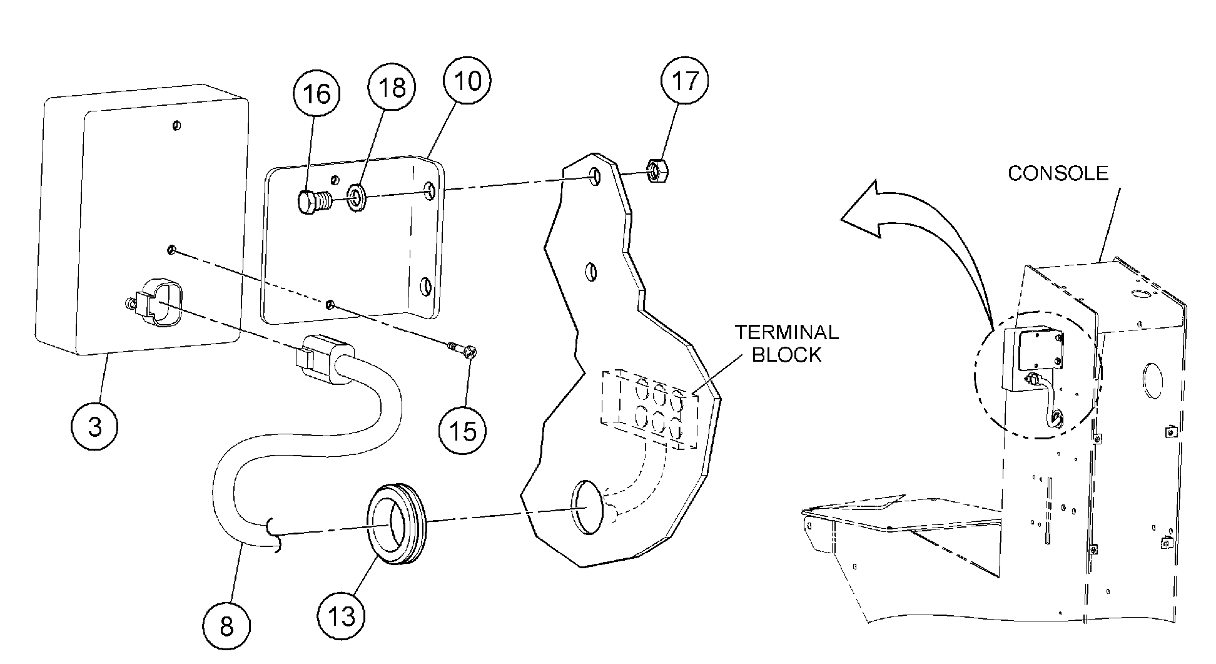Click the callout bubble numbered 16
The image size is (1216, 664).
317,94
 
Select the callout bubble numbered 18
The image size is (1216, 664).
392,88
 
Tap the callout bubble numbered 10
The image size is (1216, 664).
467,80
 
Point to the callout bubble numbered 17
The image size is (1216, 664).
686,80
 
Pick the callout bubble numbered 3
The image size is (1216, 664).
95,427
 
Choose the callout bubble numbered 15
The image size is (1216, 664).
463,431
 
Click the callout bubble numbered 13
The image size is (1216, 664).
342,616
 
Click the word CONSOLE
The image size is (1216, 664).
1058,173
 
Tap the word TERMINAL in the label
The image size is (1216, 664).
786,332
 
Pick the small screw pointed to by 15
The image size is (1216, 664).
464,349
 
